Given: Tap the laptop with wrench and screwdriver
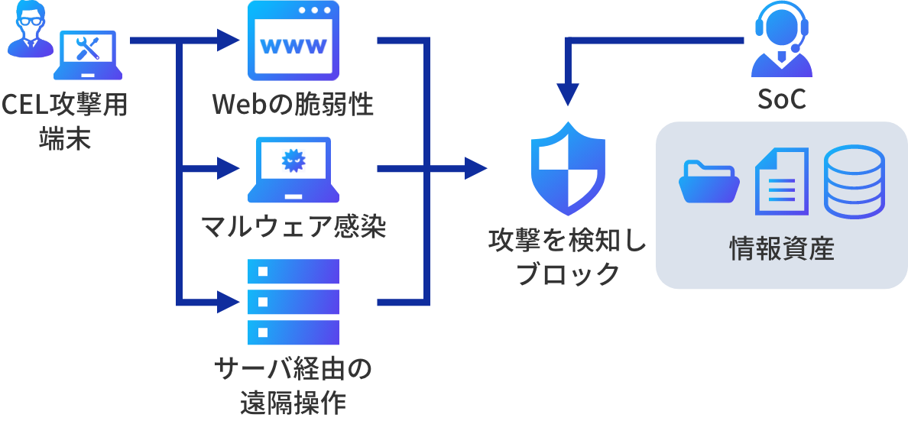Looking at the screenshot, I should coord(87,55).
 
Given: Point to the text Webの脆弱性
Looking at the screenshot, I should coord(293,105).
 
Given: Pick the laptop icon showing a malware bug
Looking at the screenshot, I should coord(293,169).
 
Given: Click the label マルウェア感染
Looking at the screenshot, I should coord(293,227).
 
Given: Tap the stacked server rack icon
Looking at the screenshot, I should coord(293,302).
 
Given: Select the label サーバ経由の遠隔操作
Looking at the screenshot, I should coord(293,386).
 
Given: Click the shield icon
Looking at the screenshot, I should coord(568,167).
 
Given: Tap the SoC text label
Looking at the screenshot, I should coord(780,100).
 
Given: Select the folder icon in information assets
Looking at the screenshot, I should coord(709,181).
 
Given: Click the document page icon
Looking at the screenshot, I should coord(780,181).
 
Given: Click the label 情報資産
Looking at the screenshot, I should coord(780,250).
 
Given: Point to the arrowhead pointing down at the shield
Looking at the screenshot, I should coord(568,96).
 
